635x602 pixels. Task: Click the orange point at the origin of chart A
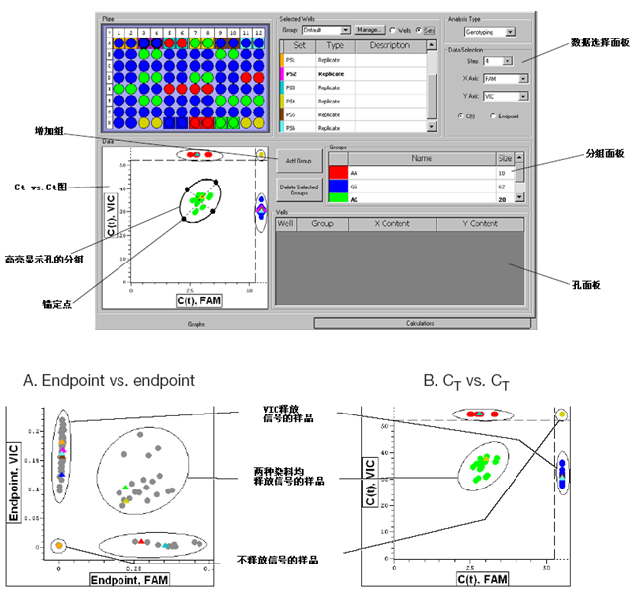pos(59,545)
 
